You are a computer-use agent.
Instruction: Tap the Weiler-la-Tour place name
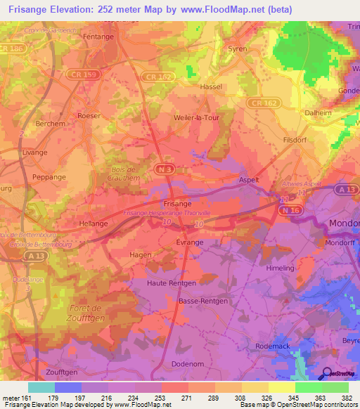(201, 118)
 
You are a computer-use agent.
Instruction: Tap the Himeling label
(281, 268)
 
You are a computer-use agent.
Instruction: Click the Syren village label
(238, 48)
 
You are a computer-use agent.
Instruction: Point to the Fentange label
(98, 36)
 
